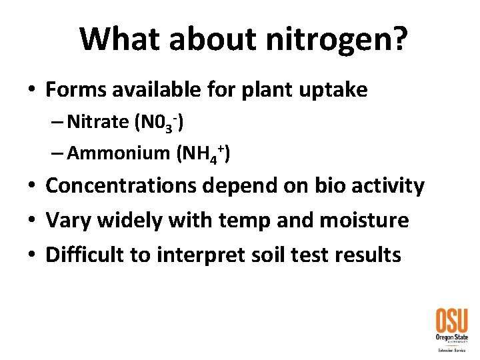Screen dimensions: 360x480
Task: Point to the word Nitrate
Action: tap(98, 122)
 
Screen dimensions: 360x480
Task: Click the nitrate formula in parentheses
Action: tap(159, 123)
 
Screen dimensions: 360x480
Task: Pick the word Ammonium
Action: tap(119, 153)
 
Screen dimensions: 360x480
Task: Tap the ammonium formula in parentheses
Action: tap(203, 154)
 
